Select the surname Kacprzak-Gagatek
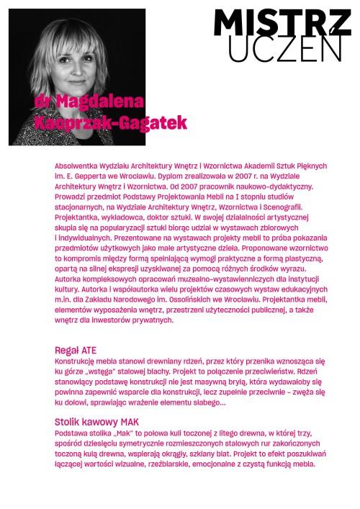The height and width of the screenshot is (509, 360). coord(110,121)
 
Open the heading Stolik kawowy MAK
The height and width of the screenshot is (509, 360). coord(96,421)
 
